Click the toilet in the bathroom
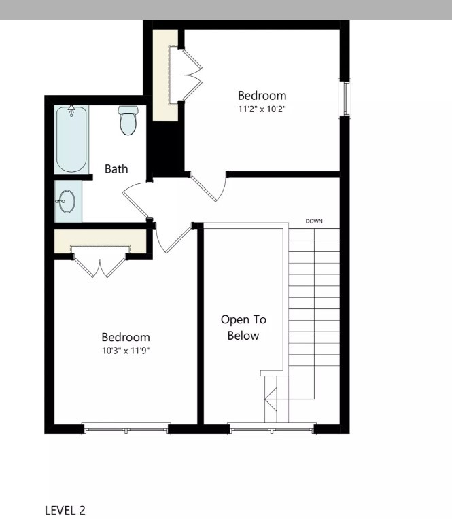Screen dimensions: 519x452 coord(128,120)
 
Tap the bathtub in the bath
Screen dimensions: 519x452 coord(71,139)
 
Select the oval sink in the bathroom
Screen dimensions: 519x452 coord(67,202)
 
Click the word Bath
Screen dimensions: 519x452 coord(116,169)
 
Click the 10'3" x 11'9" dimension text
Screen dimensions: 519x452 coord(126,350)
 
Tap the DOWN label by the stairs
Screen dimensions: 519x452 coord(314,221)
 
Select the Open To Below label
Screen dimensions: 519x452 coord(243,327)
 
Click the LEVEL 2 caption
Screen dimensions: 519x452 coord(65,510)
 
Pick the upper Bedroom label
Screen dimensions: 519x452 coord(262,96)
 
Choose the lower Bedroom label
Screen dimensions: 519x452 coord(126,337)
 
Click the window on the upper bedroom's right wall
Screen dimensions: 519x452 coord(345,99)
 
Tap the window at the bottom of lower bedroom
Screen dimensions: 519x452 coord(125,428)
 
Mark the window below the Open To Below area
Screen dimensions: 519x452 coord(272,428)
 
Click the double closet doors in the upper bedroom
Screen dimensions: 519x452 coord(193,75)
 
